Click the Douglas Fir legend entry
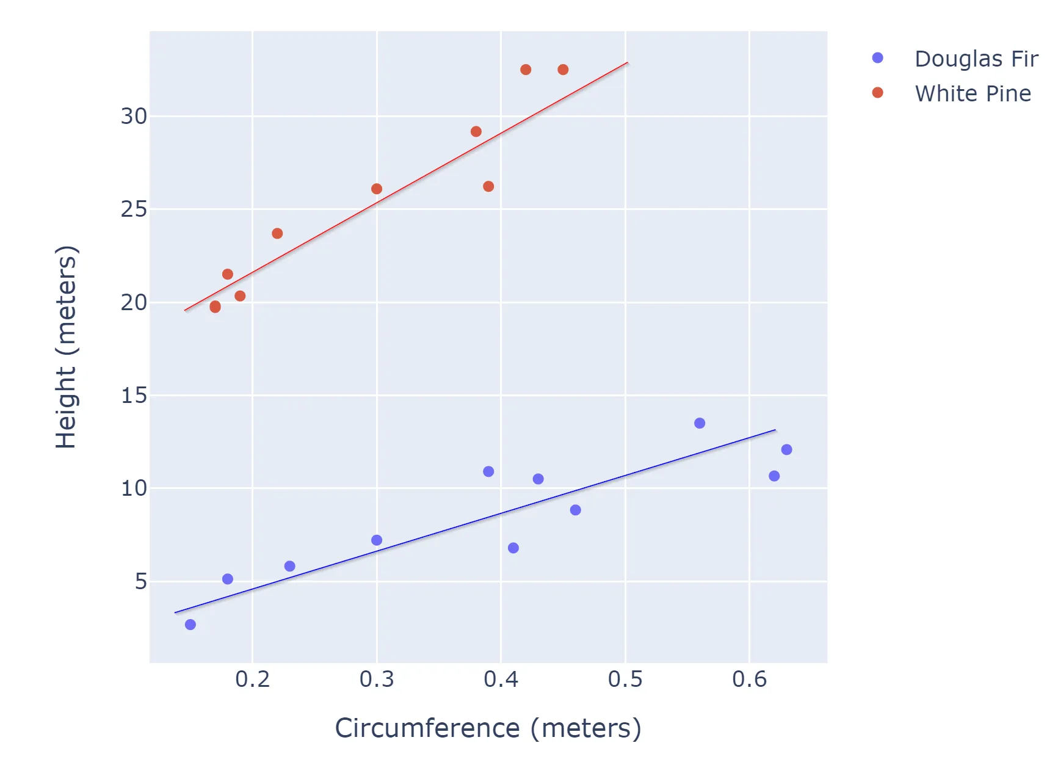pos(976,59)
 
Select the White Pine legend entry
pos(972,93)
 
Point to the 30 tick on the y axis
pos(134,116)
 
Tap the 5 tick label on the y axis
pos(141,581)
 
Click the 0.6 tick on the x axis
pos(749,679)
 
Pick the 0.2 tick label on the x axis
pos(252,679)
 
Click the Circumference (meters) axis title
pos(488,728)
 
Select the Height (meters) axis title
pos(66,347)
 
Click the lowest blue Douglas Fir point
pos(190,625)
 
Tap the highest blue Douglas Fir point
pos(700,423)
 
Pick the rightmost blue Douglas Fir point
pos(786,449)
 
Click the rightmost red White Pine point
pos(563,70)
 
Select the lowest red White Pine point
pos(215,306)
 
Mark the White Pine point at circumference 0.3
pos(377,189)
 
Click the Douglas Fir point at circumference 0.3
pos(377,540)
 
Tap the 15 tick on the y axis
pos(134,395)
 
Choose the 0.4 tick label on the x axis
pos(501,679)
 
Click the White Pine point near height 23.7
pos(277,233)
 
